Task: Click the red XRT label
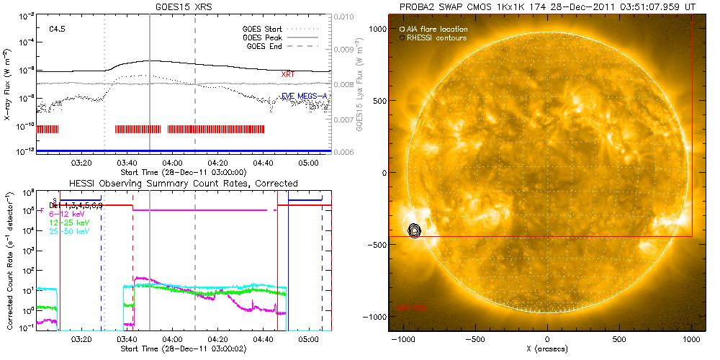click(x=288, y=74)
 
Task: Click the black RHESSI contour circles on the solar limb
click(x=414, y=230)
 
